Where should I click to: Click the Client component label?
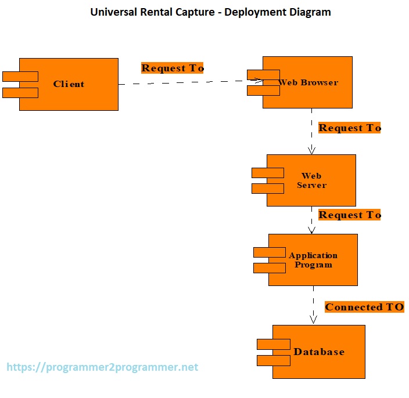click(69, 84)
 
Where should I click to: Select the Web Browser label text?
click(308, 82)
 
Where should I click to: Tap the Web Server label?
click(311, 180)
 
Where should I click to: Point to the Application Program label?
click(313, 260)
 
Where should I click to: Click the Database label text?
click(319, 352)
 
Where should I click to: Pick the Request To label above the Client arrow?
click(173, 68)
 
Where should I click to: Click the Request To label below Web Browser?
click(350, 128)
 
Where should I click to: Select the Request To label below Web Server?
click(350, 215)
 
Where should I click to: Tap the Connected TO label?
click(364, 307)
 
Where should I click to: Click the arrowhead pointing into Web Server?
click(311, 150)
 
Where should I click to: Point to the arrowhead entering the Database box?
click(313, 320)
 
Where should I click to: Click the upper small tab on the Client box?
click(20, 76)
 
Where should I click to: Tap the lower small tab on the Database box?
click(274, 360)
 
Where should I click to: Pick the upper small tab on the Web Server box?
click(267, 173)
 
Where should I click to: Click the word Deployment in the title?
click(253, 12)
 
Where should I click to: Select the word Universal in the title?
click(114, 12)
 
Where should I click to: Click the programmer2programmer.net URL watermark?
click(102, 367)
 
